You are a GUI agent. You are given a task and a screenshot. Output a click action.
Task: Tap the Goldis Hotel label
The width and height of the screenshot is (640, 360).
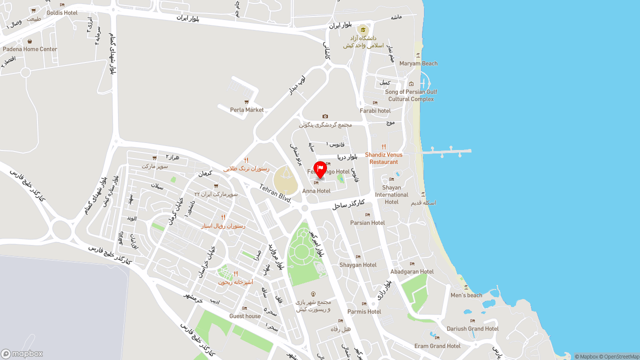(62, 12)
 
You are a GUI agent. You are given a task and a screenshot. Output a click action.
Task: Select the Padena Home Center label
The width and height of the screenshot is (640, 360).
(30, 49)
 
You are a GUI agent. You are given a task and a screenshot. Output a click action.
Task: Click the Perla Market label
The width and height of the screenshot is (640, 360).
(247, 110)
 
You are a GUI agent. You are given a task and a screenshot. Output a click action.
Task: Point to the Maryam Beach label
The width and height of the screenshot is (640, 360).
(418, 63)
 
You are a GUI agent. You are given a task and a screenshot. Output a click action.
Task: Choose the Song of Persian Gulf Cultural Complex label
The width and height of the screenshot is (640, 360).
(411, 95)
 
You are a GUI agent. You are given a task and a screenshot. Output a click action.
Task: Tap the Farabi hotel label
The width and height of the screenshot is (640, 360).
(375, 110)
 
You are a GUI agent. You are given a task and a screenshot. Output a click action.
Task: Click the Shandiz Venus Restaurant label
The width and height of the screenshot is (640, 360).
(383, 158)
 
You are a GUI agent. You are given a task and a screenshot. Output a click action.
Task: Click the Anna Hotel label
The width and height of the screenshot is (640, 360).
(316, 191)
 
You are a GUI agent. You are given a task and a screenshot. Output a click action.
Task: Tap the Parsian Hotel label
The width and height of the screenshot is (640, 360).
(367, 222)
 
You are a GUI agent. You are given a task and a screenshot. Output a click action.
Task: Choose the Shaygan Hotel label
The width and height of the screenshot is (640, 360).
(358, 265)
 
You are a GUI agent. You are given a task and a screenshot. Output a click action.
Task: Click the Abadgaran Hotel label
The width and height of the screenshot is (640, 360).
(412, 271)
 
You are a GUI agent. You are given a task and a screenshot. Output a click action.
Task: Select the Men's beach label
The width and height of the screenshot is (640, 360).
(466, 295)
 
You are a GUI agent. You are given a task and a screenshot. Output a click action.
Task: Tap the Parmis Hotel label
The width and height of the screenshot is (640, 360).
(364, 311)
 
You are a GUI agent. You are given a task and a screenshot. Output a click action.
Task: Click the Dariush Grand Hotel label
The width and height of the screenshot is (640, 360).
(472, 328)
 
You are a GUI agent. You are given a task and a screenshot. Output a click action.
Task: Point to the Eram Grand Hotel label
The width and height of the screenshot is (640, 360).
(437, 346)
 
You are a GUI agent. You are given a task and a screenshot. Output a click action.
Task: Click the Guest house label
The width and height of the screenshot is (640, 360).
(245, 316)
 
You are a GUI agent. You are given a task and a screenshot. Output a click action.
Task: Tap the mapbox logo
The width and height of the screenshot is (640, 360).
(22, 353)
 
